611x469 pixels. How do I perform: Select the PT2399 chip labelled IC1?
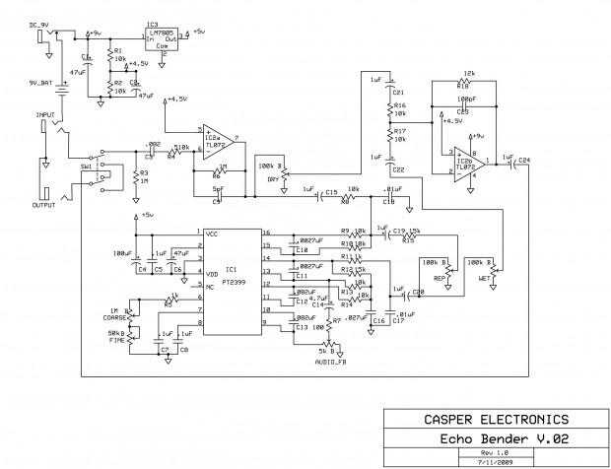233,281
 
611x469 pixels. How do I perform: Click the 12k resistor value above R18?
468,75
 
